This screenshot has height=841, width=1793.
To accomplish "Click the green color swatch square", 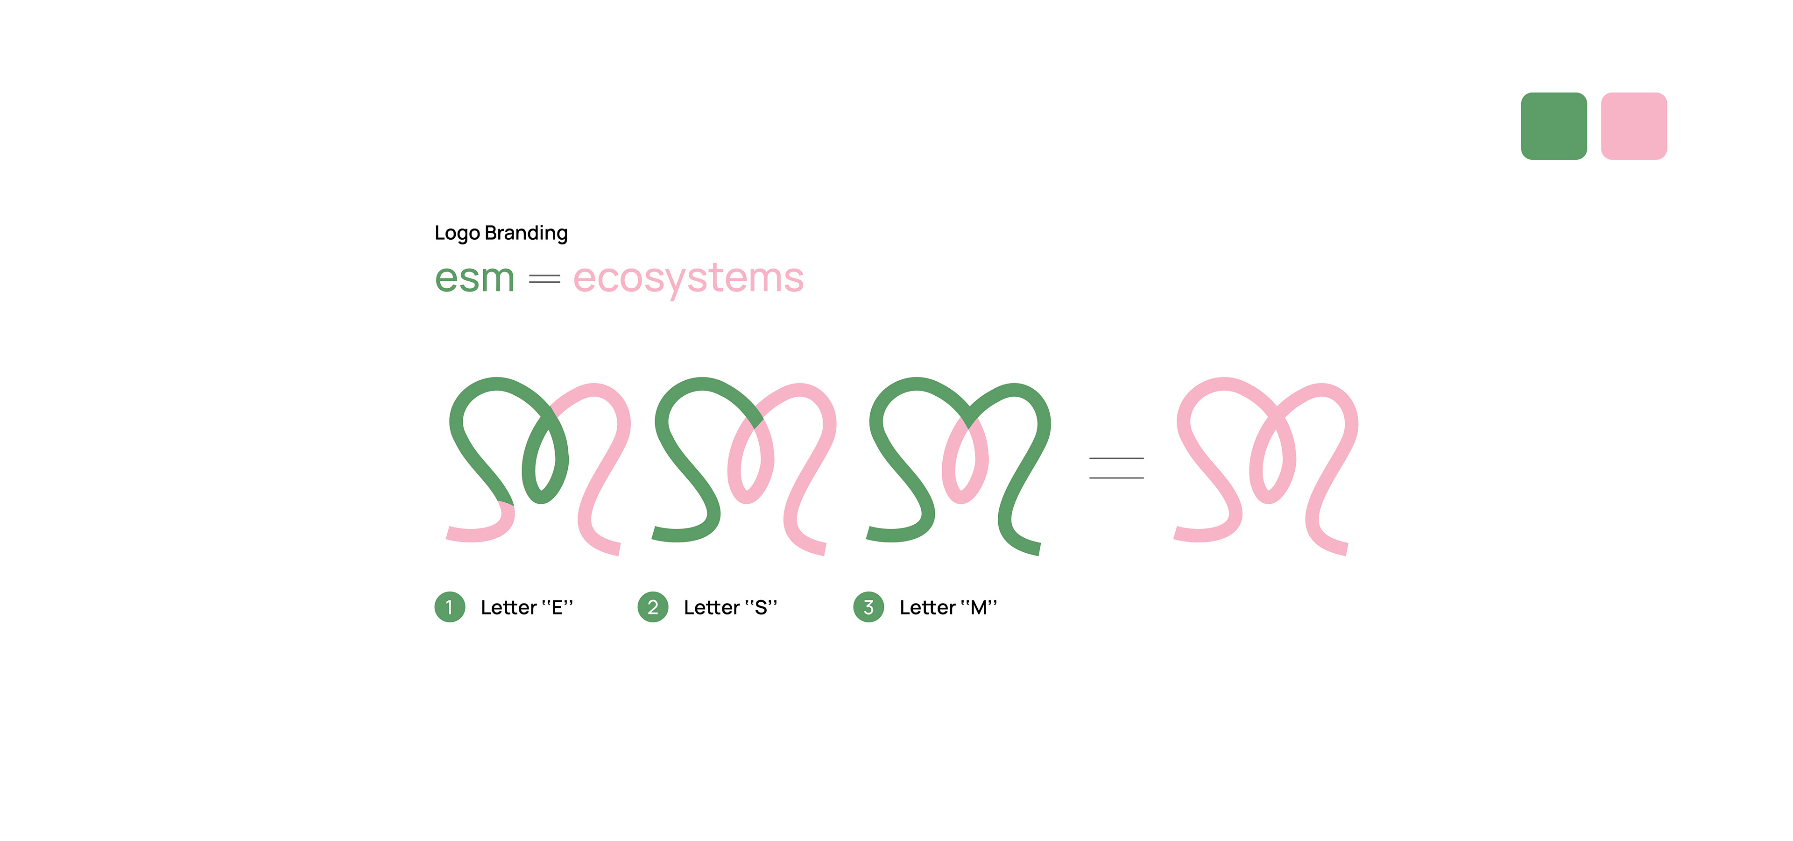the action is point(1553,126).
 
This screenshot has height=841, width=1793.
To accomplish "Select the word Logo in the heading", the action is point(457,233).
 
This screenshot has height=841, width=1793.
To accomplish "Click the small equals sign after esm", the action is point(544,279).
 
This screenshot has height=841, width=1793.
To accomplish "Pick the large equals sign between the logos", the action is point(1116,468).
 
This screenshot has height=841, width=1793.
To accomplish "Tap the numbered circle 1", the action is point(450,607).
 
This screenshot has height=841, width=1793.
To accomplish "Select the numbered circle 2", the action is point(653,607).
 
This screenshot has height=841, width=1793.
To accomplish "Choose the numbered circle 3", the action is point(868,607).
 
